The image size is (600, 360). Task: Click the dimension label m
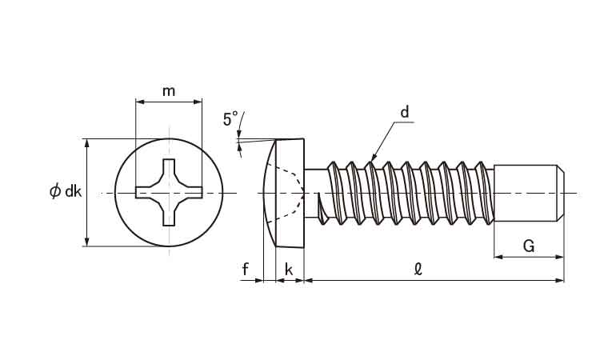(x=169, y=90)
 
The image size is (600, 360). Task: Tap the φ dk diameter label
(x=65, y=191)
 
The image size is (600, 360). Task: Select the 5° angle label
(x=230, y=120)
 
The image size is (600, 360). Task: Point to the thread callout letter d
(x=405, y=113)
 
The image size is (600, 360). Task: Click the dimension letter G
(x=529, y=246)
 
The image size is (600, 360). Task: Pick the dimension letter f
(x=246, y=270)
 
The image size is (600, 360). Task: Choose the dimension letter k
(x=288, y=270)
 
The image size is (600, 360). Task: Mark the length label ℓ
(x=417, y=270)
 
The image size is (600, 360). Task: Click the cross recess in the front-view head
(x=169, y=192)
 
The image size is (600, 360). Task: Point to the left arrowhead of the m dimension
(x=139, y=102)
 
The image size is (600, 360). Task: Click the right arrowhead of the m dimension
(x=198, y=102)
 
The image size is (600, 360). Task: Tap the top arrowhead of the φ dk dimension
(x=86, y=142)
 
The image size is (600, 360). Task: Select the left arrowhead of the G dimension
(x=498, y=257)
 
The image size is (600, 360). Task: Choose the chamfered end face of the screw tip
(x=562, y=192)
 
